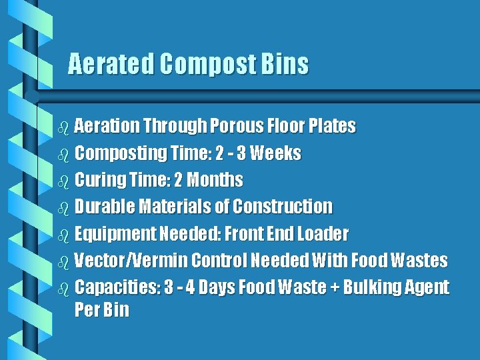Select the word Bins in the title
click(x=285, y=64)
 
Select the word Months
click(x=215, y=180)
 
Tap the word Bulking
click(x=377, y=288)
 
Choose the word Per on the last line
click(x=87, y=310)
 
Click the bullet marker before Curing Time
click(x=63, y=181)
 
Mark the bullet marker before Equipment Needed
click(x=63, y=235)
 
